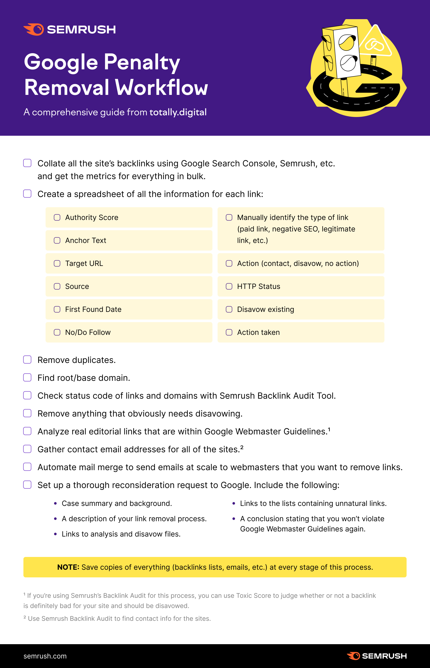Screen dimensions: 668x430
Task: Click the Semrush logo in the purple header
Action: [70, 29]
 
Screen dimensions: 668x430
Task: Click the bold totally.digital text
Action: [178, 112]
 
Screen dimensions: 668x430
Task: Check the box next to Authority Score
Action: [57, 217]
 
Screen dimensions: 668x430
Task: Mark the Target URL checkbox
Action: [57, 263]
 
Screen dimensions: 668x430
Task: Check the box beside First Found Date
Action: [57, 309]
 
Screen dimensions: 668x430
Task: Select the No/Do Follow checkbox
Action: [57, 332]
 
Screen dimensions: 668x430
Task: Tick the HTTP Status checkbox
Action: [229, 286]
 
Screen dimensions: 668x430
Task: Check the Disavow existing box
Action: [229, 309]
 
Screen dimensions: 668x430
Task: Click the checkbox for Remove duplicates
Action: [27, 360]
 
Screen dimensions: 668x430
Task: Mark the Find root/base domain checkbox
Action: [27, 378]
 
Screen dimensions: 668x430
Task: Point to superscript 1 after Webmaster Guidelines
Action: [329, 429]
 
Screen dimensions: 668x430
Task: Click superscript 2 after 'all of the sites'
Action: [242, 447]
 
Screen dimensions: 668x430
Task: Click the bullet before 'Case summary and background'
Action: [55, 503]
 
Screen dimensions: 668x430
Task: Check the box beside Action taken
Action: [229, 332]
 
